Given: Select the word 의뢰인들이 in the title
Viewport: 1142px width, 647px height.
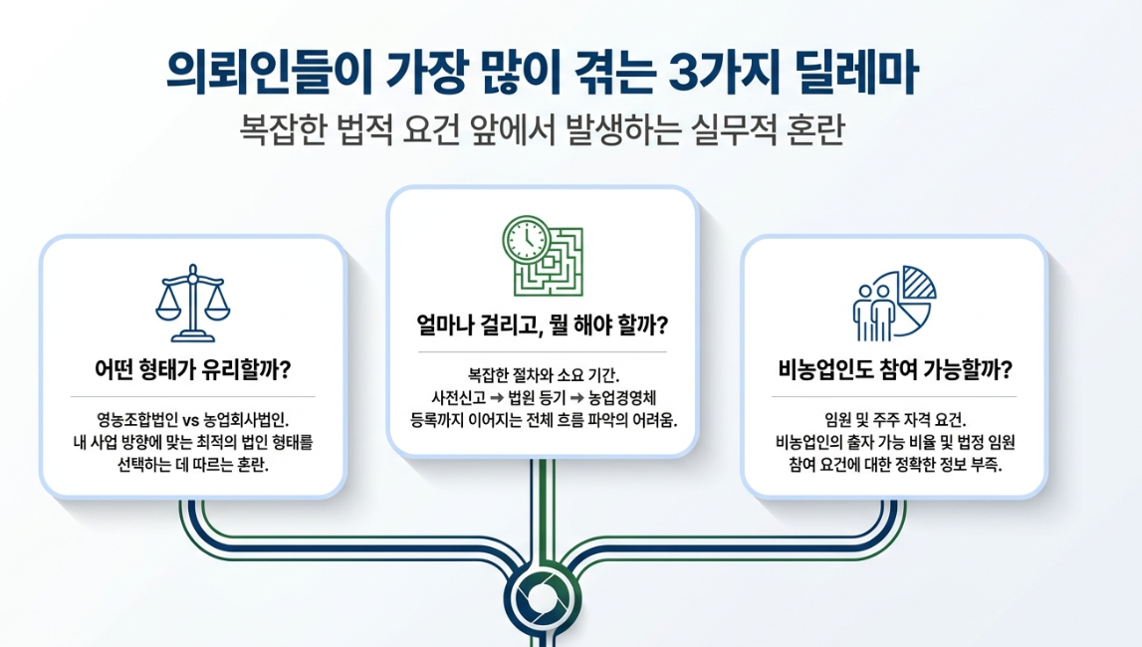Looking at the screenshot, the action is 270,72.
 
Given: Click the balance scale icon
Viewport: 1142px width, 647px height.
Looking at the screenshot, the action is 192,303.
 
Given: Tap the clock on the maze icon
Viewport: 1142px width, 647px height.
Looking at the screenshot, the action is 526,239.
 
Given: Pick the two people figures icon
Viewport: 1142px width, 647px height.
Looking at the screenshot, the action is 874,313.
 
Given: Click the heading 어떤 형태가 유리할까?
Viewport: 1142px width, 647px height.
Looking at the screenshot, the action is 193,369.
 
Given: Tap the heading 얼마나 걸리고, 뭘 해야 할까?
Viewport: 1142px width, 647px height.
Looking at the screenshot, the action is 542,324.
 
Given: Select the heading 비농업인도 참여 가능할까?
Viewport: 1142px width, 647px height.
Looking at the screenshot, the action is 895,369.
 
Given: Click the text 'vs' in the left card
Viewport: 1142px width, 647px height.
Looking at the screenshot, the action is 191,421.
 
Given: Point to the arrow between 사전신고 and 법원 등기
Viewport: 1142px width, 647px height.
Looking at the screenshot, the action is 497,397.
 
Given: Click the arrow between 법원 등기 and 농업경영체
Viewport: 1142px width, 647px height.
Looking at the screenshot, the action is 576,397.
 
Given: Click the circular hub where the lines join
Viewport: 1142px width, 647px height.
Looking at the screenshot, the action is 542,599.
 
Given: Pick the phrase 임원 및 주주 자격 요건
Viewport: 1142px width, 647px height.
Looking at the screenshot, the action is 895,420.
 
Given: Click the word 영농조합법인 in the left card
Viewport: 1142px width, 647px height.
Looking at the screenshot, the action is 137,420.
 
